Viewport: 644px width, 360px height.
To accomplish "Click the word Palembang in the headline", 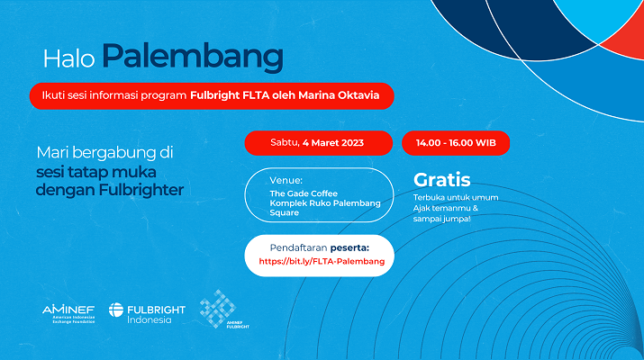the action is coord(193,57).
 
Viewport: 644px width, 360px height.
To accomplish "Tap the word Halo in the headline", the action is coord(69,58).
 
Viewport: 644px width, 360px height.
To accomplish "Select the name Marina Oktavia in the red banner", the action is coord(339,95).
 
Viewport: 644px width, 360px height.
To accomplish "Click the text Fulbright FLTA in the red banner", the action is coord(230,95).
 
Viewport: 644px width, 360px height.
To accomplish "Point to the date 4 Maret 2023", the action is coord(333,143).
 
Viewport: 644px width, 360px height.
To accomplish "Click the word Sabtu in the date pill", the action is coord(285,143).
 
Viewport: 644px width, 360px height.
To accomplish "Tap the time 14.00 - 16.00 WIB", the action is coord(456,143).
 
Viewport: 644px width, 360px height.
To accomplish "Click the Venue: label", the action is coord(286,180).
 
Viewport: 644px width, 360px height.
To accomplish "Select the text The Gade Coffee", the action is coord(304,193).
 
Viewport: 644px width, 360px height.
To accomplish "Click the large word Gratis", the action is coord(442,180).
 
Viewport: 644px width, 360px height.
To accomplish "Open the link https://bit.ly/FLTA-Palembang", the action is coord(322,262).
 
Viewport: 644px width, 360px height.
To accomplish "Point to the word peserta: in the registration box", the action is coord(349,247).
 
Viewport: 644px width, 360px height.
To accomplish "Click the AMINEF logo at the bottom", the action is coord(68,314).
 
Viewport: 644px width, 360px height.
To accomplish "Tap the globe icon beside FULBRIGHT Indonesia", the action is coord(116,310).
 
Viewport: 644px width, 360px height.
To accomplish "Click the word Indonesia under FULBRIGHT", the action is coord(150,319).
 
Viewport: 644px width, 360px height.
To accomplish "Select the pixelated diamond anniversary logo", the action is coord(218,309).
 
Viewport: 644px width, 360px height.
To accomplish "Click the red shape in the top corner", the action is coord(627,37).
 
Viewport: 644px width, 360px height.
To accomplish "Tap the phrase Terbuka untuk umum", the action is coord(456,197).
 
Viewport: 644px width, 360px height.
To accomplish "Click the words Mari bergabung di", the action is coord(104,153).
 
